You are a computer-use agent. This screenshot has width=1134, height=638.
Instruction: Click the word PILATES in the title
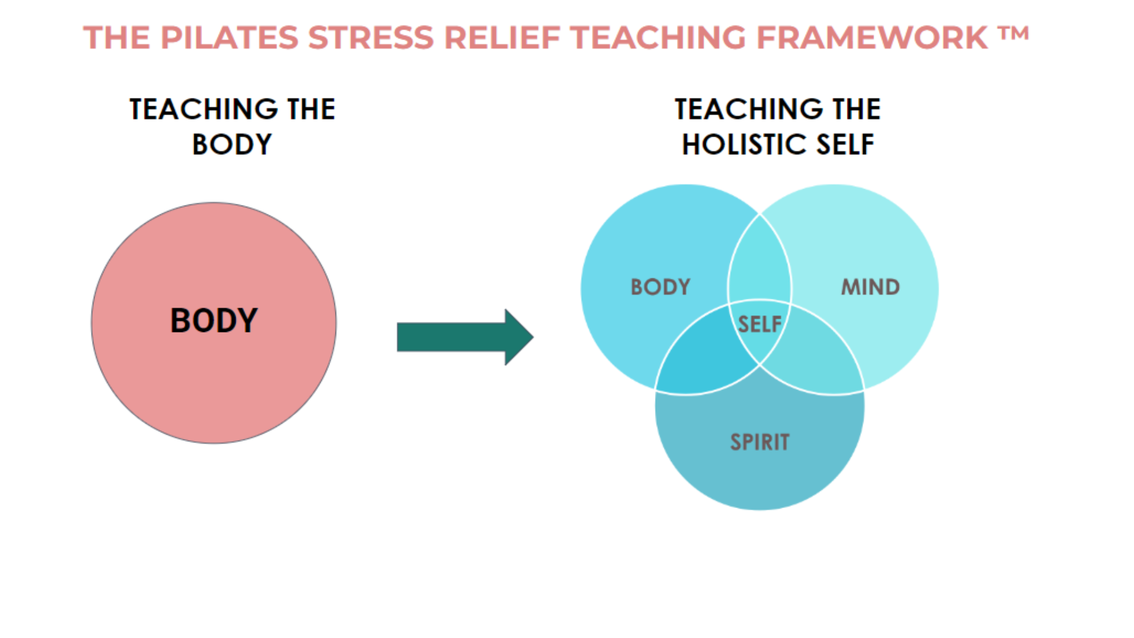tap(229, 38)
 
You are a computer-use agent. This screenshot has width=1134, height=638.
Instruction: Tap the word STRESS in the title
tap(370, 38)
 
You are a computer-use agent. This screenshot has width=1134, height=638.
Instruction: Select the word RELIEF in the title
tap(502, 38)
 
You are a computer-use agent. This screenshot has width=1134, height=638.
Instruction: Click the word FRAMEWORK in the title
tap(872, 38)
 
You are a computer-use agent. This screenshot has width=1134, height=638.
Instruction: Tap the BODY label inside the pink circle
tap(214, 321)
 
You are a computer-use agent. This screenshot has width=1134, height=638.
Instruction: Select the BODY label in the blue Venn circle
tap(660, 287)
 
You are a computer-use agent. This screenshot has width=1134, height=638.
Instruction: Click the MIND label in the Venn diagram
tap(870, 287)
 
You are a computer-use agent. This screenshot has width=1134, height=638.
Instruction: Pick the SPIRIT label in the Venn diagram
tap(760, 442)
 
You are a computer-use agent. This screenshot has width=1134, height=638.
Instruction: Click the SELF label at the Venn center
tap(760, 324)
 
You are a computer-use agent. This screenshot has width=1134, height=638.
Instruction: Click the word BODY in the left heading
tap(232, 145)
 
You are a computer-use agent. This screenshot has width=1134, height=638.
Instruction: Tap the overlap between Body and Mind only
tap(760, 260)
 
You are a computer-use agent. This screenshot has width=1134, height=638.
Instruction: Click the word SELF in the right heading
tap(845, 145)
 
